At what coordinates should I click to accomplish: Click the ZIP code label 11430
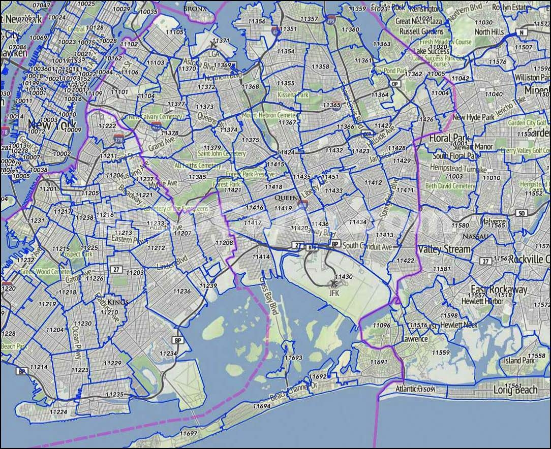point(344,277)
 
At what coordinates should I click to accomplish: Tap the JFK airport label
point(334,293)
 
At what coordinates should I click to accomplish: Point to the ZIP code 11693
point(293,358)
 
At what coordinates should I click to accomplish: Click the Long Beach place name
point(515,390)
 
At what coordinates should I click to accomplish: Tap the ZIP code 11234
point(168,354)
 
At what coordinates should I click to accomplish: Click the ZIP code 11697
point(188,433)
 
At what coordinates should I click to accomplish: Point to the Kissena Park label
point(293,95)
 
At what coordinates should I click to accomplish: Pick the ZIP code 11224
point(58,412)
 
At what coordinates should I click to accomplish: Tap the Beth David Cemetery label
point(450,186)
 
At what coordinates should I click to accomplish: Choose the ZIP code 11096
point(381,325)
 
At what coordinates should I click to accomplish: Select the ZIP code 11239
point(208,286)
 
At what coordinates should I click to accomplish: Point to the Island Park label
point(519,360)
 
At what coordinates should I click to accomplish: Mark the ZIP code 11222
point(107,125)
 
